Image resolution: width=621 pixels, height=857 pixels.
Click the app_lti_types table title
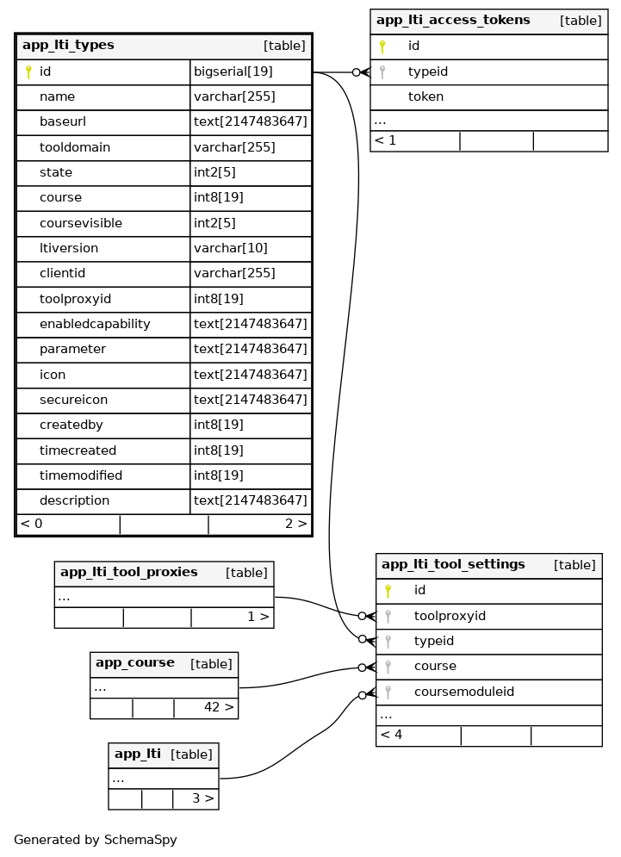tap(68, 46)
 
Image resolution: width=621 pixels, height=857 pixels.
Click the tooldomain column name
tap(75, 148)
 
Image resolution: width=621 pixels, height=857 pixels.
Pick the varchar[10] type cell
tap(230, 249)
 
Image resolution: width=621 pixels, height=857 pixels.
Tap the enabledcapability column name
tap(95, 325)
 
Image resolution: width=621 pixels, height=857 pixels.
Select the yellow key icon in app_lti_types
tap(28, 72)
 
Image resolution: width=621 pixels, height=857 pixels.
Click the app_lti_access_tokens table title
tap(453, 21)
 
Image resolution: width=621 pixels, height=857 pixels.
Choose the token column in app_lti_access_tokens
tap(425, 97)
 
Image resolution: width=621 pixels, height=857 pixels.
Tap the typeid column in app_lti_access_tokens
tap(428, 72)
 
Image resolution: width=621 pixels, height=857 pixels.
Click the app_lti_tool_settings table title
tap(453, 565)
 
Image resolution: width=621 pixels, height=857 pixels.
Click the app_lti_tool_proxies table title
tap(129, 573)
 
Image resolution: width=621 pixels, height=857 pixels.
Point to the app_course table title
tap(135, 663)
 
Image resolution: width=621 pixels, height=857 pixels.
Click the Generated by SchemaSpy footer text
tap(96, 840)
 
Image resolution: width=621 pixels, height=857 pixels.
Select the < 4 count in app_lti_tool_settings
tap(392, 736)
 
